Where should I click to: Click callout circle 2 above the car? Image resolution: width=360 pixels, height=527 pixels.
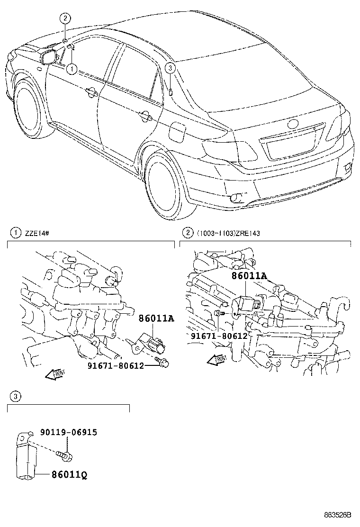pos(65,18)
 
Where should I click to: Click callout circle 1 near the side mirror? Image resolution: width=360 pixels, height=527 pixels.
pos(72,69)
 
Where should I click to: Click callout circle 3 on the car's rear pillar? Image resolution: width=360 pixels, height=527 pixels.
pos(171,69)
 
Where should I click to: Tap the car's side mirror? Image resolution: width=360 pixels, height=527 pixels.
pos(50,56)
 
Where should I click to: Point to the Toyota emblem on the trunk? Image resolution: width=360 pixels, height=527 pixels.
pos(292,124)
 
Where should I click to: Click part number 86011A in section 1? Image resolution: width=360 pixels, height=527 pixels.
pos(156,319)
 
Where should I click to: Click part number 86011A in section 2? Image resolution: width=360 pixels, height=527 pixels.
pos(249,276)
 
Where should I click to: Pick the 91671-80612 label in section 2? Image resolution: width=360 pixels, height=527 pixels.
pos(219,336)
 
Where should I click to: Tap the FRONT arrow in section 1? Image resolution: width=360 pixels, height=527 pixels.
pos(55,374)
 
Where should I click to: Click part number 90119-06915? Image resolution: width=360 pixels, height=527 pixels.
pos(69,432)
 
